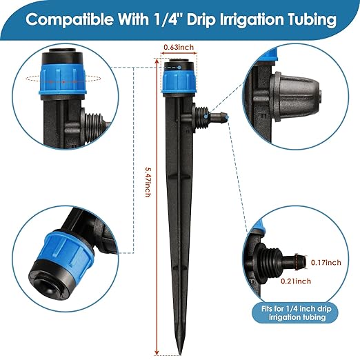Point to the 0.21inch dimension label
(295, 281)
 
